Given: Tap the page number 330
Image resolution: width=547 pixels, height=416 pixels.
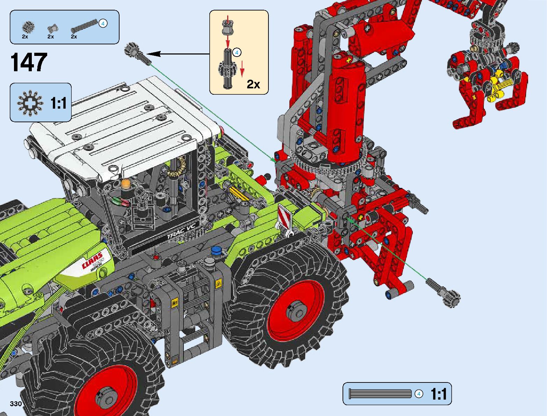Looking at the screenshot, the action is tap(16, 403).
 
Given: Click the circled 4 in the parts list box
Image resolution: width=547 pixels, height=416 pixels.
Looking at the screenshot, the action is tap(103, 23).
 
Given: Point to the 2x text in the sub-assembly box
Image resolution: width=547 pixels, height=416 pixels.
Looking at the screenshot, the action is tap(253, 84).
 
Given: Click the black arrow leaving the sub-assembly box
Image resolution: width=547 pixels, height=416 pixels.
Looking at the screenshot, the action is tap(178, 54).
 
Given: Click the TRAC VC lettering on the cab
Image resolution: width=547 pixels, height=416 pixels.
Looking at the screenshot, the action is tap(183, 232).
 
